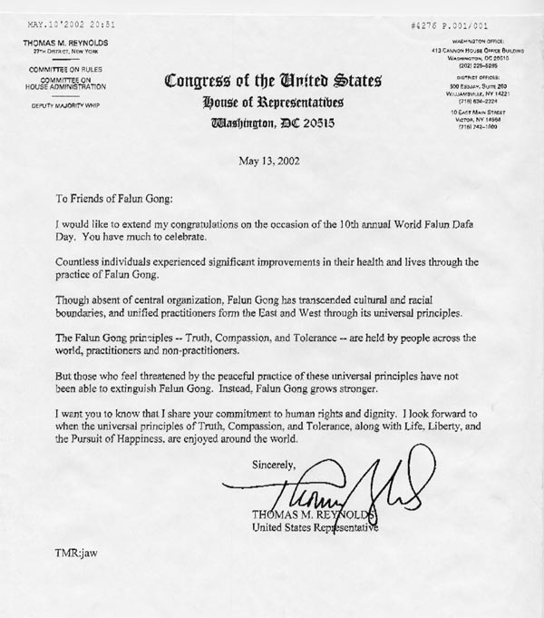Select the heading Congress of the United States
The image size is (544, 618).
272,83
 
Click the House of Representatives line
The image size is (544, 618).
272,103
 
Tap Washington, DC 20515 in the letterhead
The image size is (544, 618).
272,123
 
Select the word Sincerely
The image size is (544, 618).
275,466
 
